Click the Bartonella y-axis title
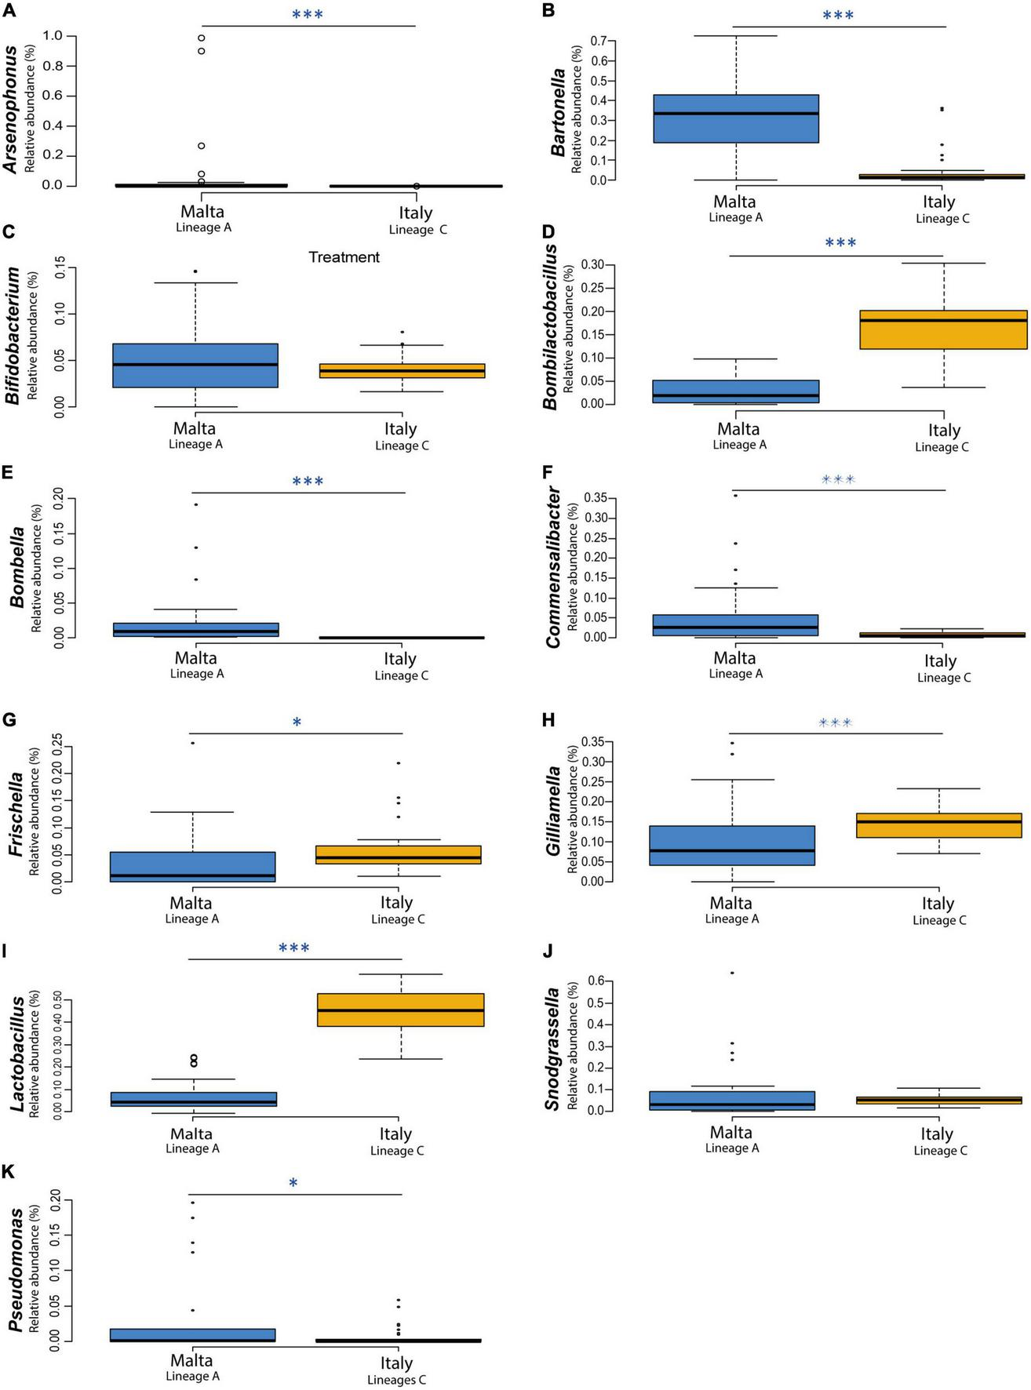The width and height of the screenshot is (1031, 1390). point(559,112)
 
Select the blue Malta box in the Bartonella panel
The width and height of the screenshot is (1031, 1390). point(736,119)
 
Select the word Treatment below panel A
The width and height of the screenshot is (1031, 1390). point(344,257)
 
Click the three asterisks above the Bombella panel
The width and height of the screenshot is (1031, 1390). point(308,482)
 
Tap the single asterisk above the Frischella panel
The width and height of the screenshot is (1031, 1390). point(297,722)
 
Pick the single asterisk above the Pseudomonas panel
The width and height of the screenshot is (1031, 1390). point(293,1183)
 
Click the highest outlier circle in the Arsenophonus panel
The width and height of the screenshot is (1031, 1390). point(202,38)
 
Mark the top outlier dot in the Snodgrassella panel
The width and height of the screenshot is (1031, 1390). point(732,973)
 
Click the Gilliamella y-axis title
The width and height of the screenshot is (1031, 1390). point(554,811)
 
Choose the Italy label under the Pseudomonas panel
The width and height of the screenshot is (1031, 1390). point(396,1363)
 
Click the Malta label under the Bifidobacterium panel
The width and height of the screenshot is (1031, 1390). point(195,428)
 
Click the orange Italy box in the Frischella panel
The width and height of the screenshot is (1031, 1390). point(398,855)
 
